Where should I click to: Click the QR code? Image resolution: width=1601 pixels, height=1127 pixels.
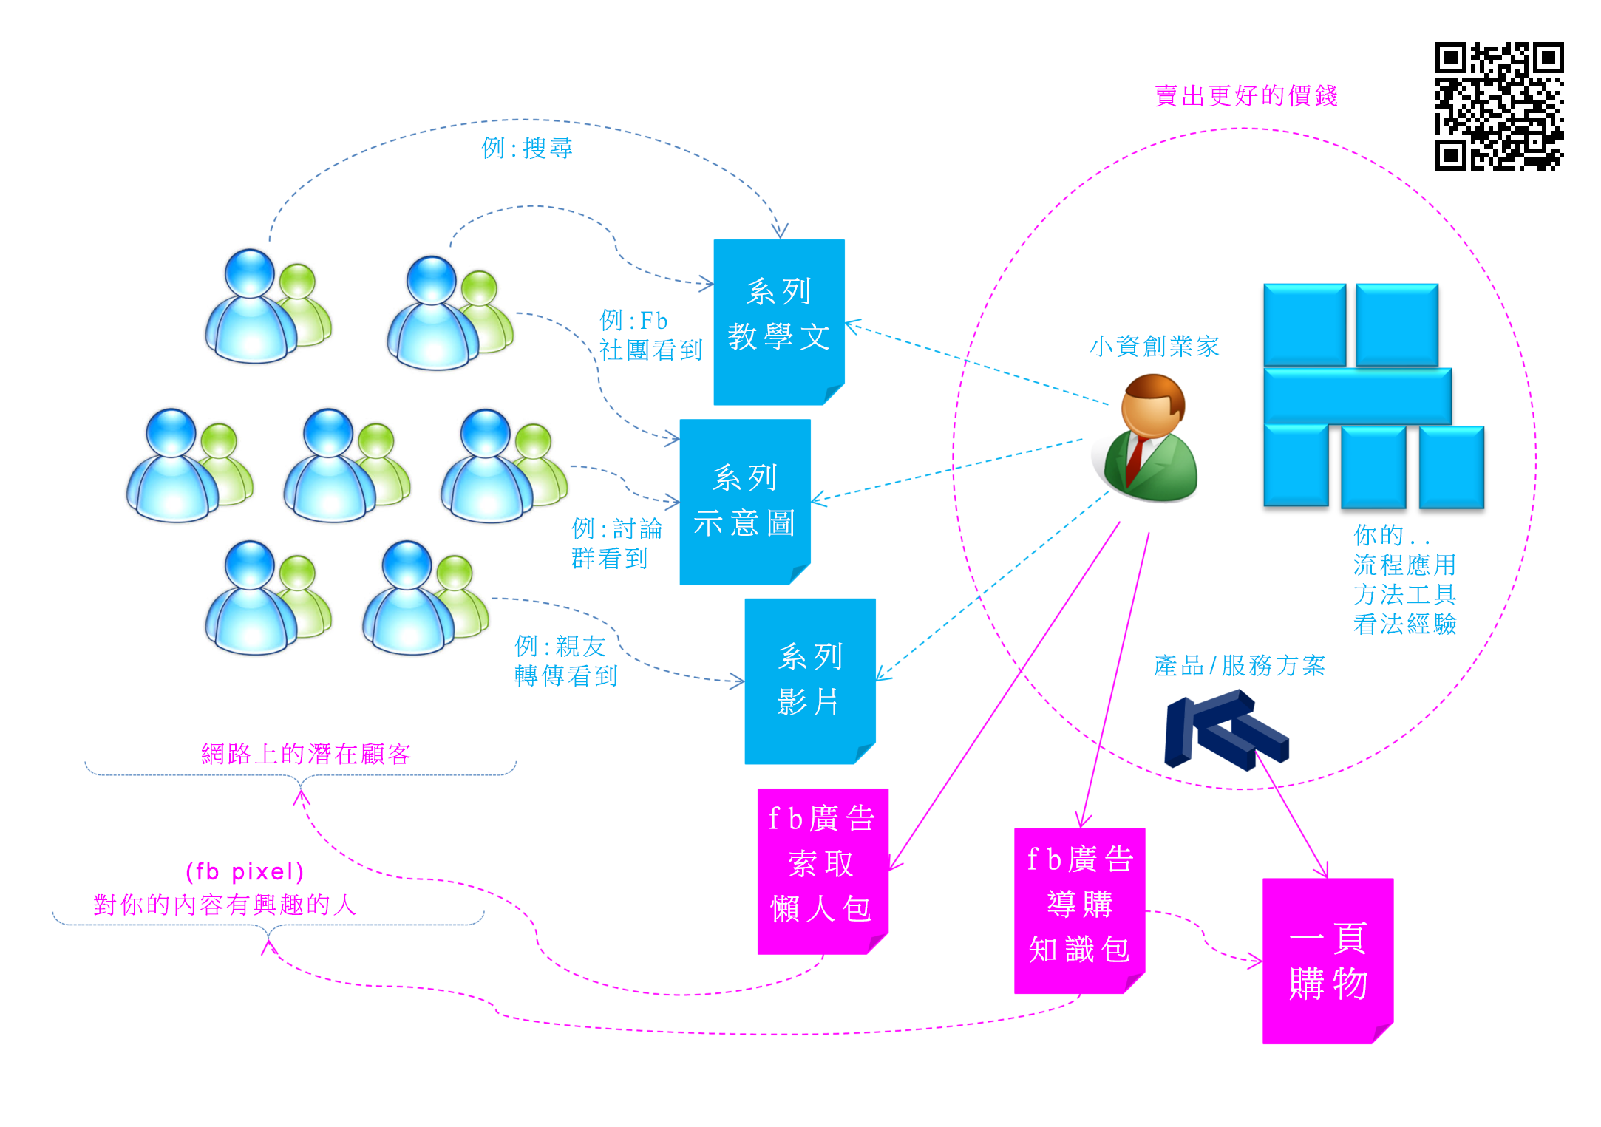click(x=1499, y=106)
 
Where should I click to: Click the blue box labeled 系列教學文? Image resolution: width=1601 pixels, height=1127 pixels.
click(x=779, y=321)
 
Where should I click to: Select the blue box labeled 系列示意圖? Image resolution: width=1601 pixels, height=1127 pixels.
click(x=745, y=502)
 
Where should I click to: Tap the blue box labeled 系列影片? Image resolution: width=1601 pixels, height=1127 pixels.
click(x=810, y=681)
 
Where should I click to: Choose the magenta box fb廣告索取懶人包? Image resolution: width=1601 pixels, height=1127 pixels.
click(x=822, y=871)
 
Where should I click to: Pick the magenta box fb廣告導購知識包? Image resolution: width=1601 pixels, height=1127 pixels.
click(x=1079, y=910)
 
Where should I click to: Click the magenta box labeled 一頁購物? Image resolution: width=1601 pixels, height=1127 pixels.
click(x=1328, y=960)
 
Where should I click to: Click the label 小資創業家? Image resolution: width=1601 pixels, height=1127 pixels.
click(x=1154, y=346)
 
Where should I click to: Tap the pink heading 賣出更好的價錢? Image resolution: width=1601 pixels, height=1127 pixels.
click(x=1246, y=96)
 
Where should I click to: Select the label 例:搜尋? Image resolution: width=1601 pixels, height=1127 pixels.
click(x=527, y=149)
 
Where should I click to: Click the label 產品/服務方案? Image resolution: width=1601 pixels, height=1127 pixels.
click(x=1239, y=666)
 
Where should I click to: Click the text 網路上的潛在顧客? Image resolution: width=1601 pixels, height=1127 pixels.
click(x=306, y=754)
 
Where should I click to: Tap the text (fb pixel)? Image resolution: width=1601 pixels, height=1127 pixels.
click(x=245, y=871)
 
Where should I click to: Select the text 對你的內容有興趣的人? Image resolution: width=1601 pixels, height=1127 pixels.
click(x=225, y=905)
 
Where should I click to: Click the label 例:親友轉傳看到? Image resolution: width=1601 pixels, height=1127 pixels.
click(x=565, y=661)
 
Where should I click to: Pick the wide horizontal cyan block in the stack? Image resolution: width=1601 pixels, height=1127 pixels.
click(x=1357, y=396)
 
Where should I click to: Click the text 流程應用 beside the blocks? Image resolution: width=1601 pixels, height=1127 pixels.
click(x=1404, y=565)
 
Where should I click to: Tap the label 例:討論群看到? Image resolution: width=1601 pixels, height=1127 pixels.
click(x=616, y=543)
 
